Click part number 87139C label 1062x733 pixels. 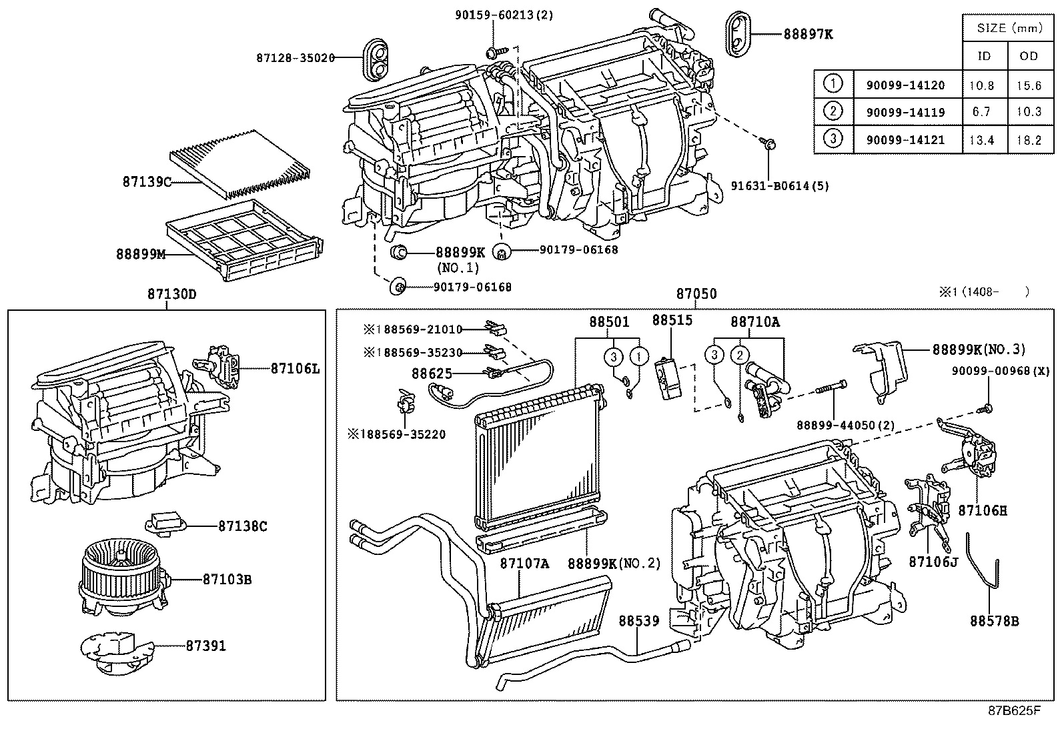[x=147, y=181]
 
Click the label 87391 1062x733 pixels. [x=205, y=646]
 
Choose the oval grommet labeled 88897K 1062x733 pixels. [x=737, y=34]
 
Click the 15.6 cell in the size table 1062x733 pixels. [x=1029, y=85]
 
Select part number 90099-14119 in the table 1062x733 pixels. [x=905, y=112]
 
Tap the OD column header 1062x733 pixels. [x=1029, y=56]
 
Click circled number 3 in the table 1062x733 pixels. [x=833, y=139]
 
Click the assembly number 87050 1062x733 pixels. [x=696, y=294]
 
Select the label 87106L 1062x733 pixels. [x=294, y=368]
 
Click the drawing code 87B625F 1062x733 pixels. [x=1014, y=710]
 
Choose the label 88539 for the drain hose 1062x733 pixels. [x=638, y=621]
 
